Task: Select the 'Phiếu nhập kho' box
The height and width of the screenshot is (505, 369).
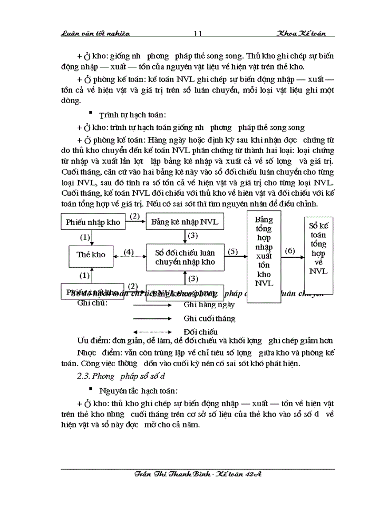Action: pos(93,221)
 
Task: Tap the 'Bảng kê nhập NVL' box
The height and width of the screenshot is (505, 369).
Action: pos(184,221)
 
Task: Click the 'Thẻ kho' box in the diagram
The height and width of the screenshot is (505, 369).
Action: pos(91,254)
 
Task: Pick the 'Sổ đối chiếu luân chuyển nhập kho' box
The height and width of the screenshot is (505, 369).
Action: pos(185,257)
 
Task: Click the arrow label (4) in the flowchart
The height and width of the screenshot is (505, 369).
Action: pos(128,252)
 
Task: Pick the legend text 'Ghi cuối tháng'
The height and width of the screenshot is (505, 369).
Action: pos(209,318)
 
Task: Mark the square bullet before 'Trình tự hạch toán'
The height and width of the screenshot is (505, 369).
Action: pos(91,113)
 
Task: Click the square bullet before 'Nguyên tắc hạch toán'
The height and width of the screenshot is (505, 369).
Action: pos(91,390)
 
